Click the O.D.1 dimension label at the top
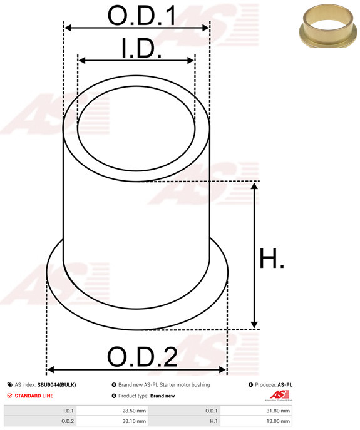click(141, 16)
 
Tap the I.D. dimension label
click(141, 48)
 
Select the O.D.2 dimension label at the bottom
click(142, 357)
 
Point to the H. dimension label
click(271, 258)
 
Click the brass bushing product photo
click(328, 25)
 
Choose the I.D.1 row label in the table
click(68, 411)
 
